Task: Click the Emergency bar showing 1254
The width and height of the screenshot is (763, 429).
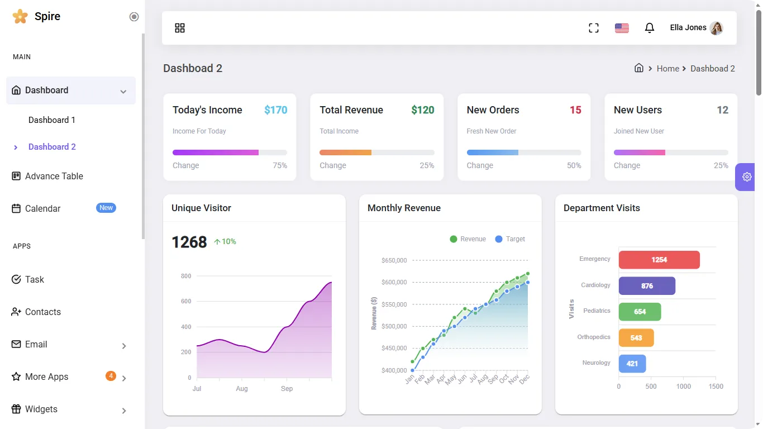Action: [659, 260]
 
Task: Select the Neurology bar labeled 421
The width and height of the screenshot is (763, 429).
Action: [632, 364]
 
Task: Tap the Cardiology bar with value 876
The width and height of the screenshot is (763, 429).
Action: [647, 286]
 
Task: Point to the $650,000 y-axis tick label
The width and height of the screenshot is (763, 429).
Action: [394, 260]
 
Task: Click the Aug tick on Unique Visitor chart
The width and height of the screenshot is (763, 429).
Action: [241, 389]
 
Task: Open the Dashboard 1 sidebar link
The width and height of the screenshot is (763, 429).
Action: [52, 120]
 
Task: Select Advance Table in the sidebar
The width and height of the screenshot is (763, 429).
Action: [54, 176]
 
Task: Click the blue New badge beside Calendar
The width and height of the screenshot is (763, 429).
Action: [106, 208]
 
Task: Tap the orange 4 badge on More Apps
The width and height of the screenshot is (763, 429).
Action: [111, 376]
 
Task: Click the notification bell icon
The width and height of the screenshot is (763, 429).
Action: [649, 28]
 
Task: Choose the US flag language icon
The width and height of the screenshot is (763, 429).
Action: [622, 28]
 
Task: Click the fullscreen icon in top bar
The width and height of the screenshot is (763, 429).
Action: [594, 28]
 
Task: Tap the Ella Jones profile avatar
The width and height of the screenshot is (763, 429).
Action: [716, 28]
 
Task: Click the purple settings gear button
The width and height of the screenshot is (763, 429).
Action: [747, 177]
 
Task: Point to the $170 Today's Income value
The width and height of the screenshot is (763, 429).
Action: [275, 110]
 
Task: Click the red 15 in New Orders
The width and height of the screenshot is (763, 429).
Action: [575, 110]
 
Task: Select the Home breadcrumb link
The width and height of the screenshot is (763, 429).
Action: [667, 69]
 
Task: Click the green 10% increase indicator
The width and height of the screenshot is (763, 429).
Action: [225, 242]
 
